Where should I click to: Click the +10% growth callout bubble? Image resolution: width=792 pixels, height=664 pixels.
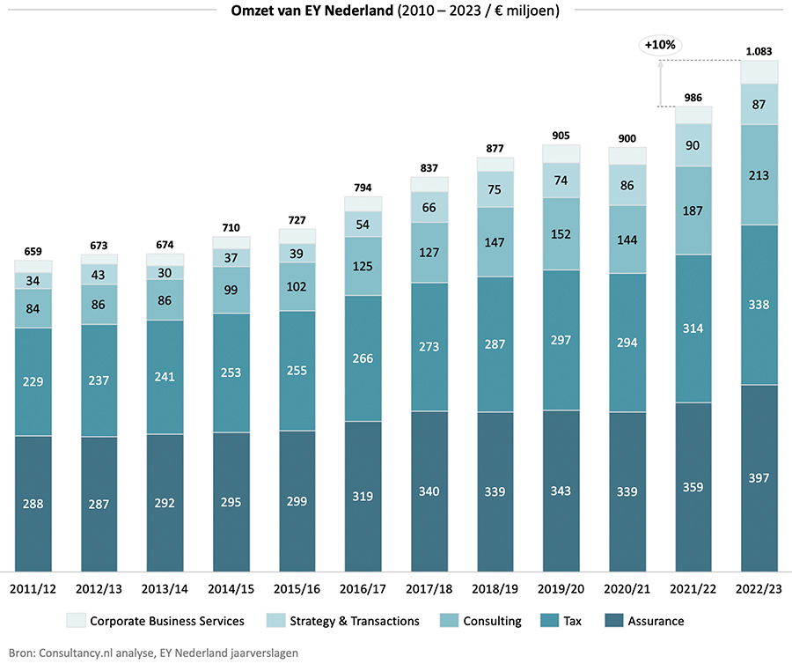click(x=660, y=44)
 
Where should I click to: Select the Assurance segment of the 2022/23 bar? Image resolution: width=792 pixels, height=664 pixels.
click(x=759, y=477)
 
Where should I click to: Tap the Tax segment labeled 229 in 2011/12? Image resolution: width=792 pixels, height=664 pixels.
click(x=33, y=381)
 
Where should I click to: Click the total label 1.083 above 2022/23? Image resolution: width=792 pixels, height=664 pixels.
click(x=759, y=52)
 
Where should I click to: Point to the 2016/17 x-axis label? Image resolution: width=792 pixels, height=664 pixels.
click(x=363, y=587)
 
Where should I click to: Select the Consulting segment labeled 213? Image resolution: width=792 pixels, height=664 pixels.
click(x=759, y=175)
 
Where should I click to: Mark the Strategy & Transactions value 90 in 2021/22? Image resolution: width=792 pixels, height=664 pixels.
click(x=693, y=145)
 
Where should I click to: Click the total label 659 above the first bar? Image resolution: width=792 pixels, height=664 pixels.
click(x=33, y=251)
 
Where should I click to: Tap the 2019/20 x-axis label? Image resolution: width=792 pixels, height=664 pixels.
click(x=561, y=587)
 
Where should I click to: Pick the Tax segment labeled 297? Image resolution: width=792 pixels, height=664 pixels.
click(x=561, y=340)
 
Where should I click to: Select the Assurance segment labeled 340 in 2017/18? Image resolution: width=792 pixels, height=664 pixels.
click(x=429, y=491)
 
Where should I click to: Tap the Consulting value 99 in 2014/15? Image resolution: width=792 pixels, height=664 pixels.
click(x=231, y=290)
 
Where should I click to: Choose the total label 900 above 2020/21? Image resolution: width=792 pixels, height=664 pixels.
click(x=627, y=137)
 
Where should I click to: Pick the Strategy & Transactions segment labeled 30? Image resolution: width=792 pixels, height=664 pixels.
click(x=165, y=273)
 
